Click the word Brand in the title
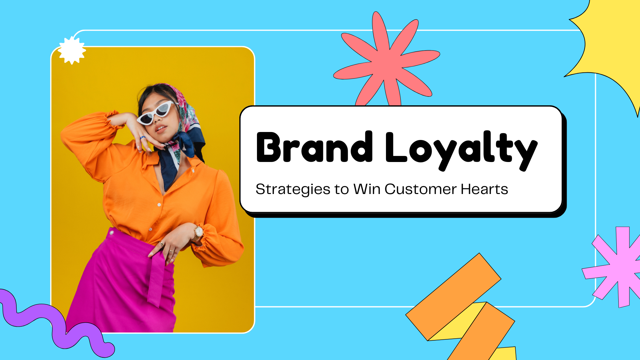tap(314, 147)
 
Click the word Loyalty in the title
tap(461, 150)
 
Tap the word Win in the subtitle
tap(367, 189)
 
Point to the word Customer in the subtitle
tap(420, 189)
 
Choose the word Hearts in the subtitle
tap(484, 189)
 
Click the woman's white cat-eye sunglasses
tap(156, 113)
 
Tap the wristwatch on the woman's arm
tap(198, 232)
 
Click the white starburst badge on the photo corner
tap(72, 50)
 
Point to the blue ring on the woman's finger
tap(143, 137)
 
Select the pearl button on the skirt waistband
tap(111, 233)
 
